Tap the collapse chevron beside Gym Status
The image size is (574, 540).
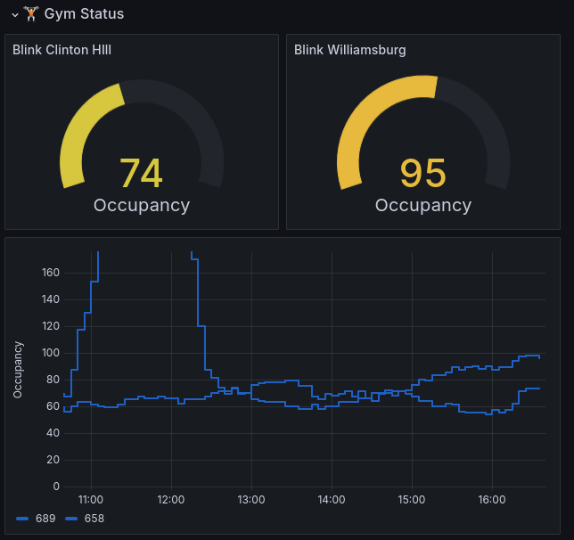15,14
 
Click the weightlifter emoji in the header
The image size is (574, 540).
31,14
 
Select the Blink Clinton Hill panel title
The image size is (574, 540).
62,50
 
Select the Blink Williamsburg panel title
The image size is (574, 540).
350,50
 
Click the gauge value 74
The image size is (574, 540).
141,174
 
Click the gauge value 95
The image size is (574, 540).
422,174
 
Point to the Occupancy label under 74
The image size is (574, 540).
142,206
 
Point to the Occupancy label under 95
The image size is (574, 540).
423,206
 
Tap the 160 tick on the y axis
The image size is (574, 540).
51,272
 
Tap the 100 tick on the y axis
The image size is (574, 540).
51,353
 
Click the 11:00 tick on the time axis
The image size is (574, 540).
91,500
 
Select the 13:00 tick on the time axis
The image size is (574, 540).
251,500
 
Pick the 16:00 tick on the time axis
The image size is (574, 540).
492,500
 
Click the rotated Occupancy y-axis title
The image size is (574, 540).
19,369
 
